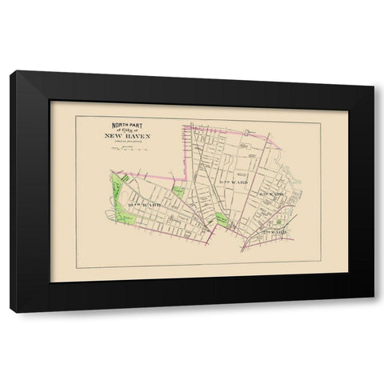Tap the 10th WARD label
click(x=143, y=206)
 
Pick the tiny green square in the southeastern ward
click(x=277, y=221)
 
